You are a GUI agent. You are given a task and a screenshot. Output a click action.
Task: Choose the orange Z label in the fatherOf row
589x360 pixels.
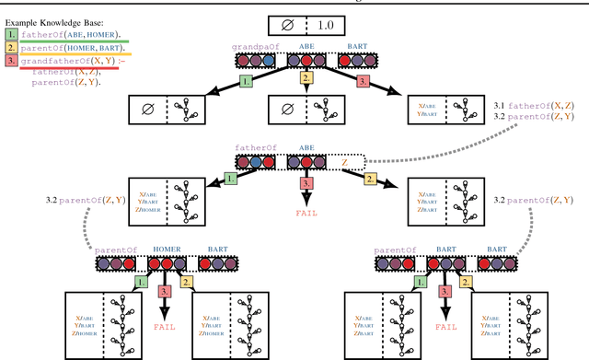point(344,162)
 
